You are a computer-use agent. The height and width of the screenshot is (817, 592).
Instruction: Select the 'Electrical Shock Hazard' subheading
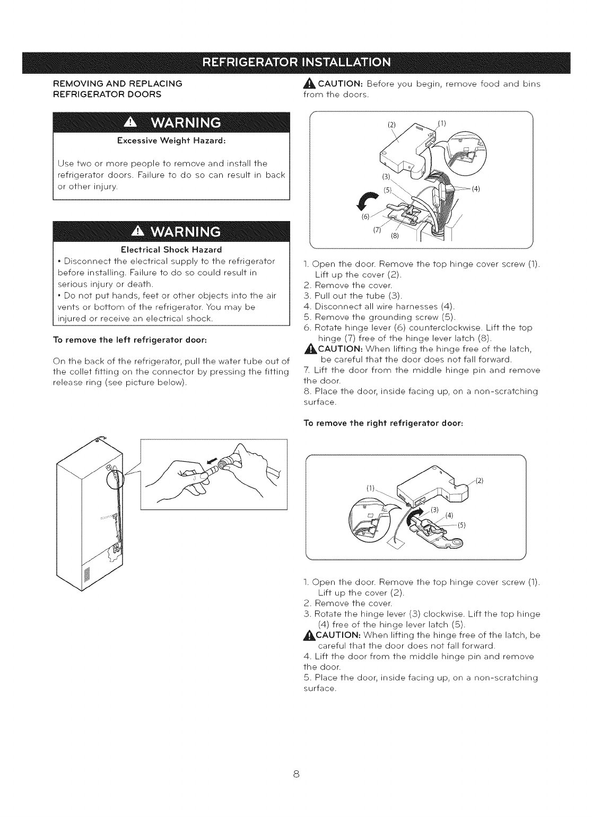click(x=171, y=249)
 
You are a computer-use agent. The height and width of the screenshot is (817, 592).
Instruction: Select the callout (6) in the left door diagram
click(x=365, y=217)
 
